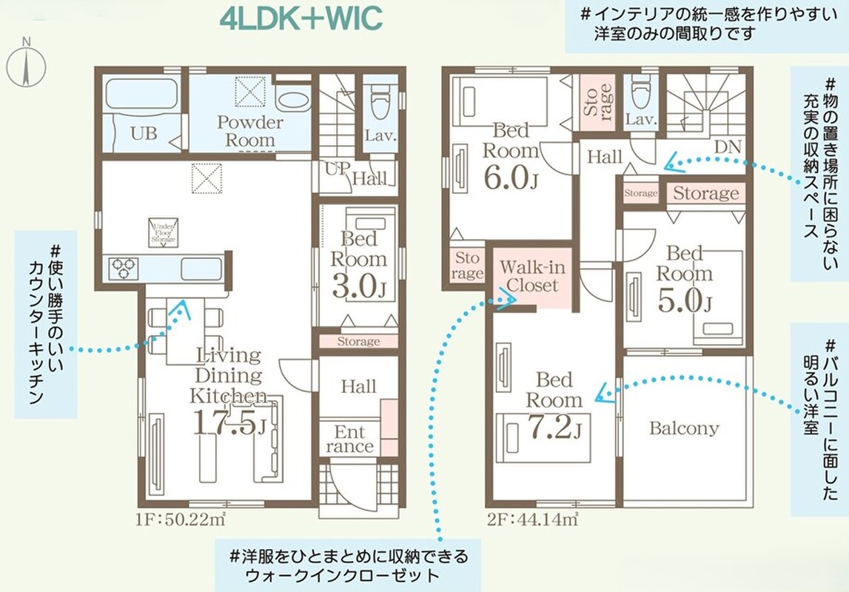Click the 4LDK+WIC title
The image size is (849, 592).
coord(301,18)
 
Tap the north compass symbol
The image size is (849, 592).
coord(26,65)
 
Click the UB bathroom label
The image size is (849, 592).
coord(144,133)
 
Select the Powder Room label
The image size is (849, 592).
coord(249,131)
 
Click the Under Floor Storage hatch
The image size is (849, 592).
coord(164,232)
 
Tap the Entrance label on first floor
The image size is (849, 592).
coord(350,439)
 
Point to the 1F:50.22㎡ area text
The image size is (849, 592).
coord(181,519)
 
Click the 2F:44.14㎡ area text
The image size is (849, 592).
coord(532,519)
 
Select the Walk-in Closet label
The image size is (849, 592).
coord(532,276)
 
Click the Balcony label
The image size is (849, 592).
coord(685,428)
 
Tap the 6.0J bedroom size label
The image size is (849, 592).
coord(511,178)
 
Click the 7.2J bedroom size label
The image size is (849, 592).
coord(554,427)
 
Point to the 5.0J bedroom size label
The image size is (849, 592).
coord(685,301)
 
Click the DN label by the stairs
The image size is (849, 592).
coord(727,147)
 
